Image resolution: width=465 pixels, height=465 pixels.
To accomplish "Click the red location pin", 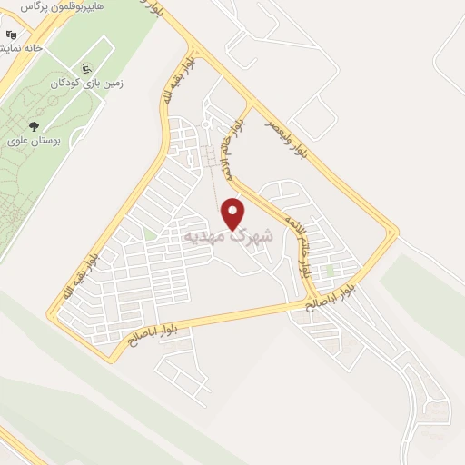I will pos(233,213).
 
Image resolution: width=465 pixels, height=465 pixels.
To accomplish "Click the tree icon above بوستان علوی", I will pos(34,126).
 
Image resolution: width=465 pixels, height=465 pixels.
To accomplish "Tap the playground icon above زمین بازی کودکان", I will pos(86,67).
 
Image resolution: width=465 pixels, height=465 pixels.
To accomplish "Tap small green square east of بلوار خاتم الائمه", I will pos(330,270).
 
